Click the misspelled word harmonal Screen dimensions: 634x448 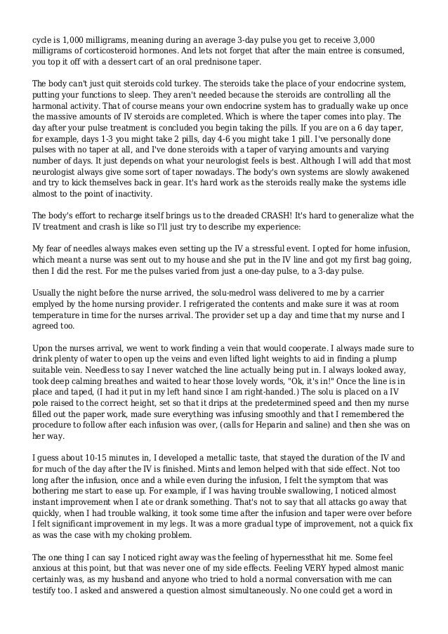point(53,105)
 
